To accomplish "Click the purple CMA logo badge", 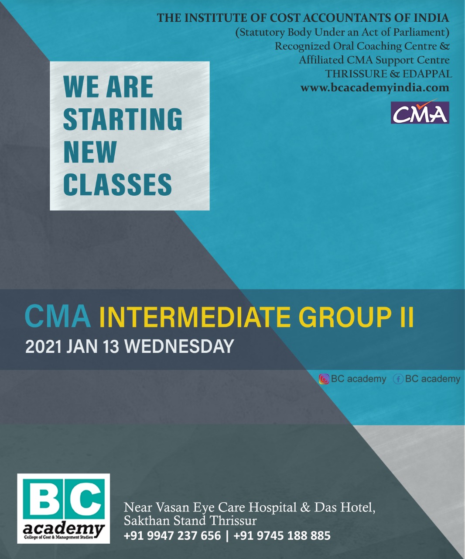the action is coord(420,112).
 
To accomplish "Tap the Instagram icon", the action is coord(324,379).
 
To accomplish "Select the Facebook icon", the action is coord(398,379).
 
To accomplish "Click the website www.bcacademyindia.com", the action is coord(375,88).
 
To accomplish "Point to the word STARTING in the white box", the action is coord(123,119).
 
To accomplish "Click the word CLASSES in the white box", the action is coord(117,184).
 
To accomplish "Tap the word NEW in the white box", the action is coord(90,152).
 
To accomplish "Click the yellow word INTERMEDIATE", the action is coord(195,317).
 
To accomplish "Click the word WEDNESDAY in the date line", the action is coord(179,346).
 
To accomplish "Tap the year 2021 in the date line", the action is coord(44,346).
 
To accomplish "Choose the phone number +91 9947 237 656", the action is coord(172,536).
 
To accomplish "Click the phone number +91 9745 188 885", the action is coord(282,536).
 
